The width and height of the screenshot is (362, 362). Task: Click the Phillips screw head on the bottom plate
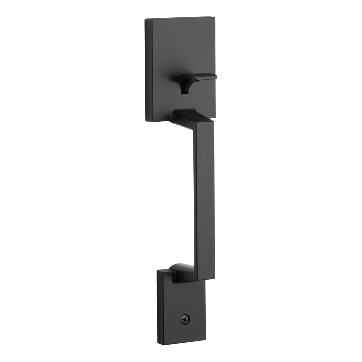pyautogui.click(x=184, y=319)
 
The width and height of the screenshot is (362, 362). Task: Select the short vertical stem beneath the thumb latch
pyautogui.click(x=184, y=88)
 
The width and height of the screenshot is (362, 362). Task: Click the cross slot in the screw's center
pyautogui.click(x=184, y=319)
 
